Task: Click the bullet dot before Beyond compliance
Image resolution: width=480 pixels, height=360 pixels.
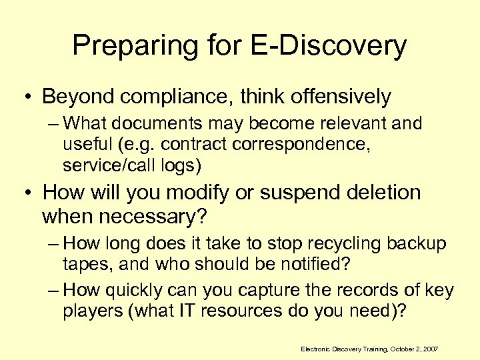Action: (x=29, y=97)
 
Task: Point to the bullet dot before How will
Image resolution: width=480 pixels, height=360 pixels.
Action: (x=29, y=194)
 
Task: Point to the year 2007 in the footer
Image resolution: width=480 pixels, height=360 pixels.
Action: (x=432, y=349)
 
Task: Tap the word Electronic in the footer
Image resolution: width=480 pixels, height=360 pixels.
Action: (x=315, y=349)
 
